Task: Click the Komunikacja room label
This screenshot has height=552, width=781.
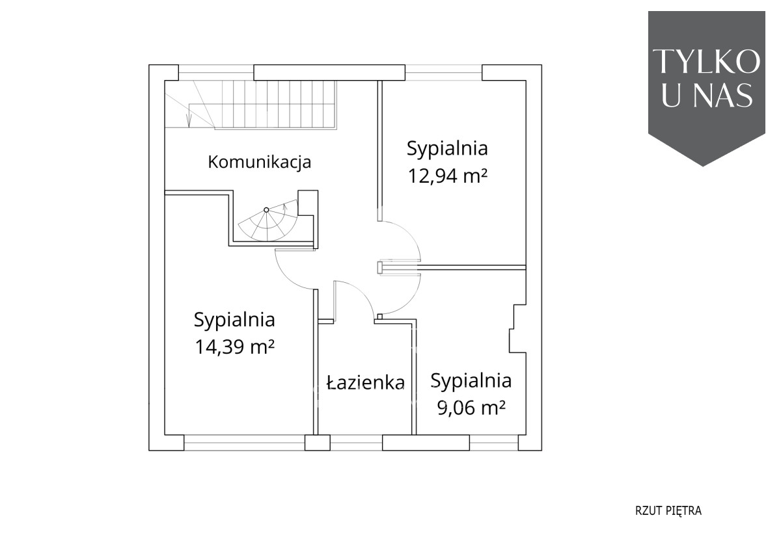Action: click(260, 162)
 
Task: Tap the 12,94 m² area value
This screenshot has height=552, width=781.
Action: click(447, 176)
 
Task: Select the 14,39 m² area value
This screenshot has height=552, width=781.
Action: click(235, 347)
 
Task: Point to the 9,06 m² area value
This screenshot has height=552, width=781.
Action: click(471, 408)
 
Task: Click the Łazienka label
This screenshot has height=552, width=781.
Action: click(366, 383)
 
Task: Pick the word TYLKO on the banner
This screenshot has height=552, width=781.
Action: click(706, 62)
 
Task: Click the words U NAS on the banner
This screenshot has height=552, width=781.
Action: click(706, 95)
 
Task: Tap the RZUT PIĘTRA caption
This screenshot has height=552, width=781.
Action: click(668, 511)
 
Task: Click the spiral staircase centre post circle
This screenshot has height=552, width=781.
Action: click(266, 210)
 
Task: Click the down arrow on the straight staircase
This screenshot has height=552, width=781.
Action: click(189, 120)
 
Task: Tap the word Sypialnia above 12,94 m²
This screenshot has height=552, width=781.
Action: click(447, 149)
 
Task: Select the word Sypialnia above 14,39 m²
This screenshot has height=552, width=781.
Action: click(235, 320)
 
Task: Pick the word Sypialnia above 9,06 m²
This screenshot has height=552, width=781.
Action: click(471, 381)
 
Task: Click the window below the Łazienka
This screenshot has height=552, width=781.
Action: click(357, 442)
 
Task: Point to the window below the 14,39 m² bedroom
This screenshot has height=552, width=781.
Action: click(245, 442)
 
